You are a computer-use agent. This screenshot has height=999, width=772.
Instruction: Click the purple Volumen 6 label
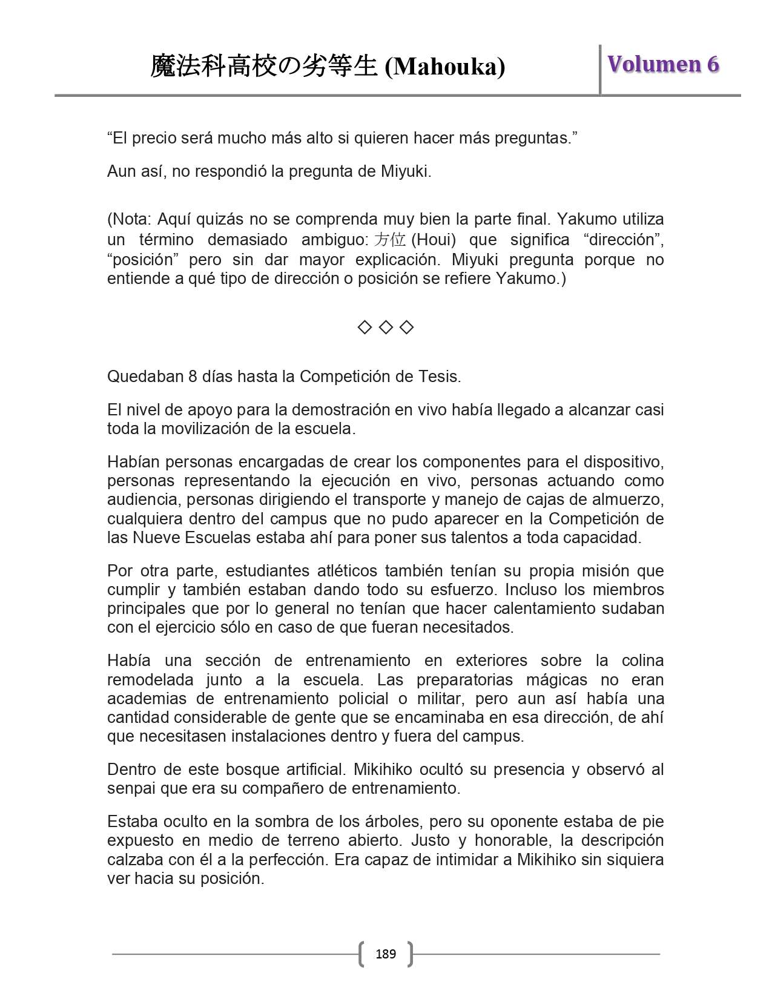tap(663, 64)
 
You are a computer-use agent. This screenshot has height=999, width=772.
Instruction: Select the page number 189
tap(386, 954)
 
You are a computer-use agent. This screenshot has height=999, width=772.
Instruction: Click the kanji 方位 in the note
tap(389, 240)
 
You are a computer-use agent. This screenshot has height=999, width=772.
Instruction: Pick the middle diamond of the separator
tap(386, 328)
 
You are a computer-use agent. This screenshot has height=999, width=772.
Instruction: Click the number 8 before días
tap(193, 377)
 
